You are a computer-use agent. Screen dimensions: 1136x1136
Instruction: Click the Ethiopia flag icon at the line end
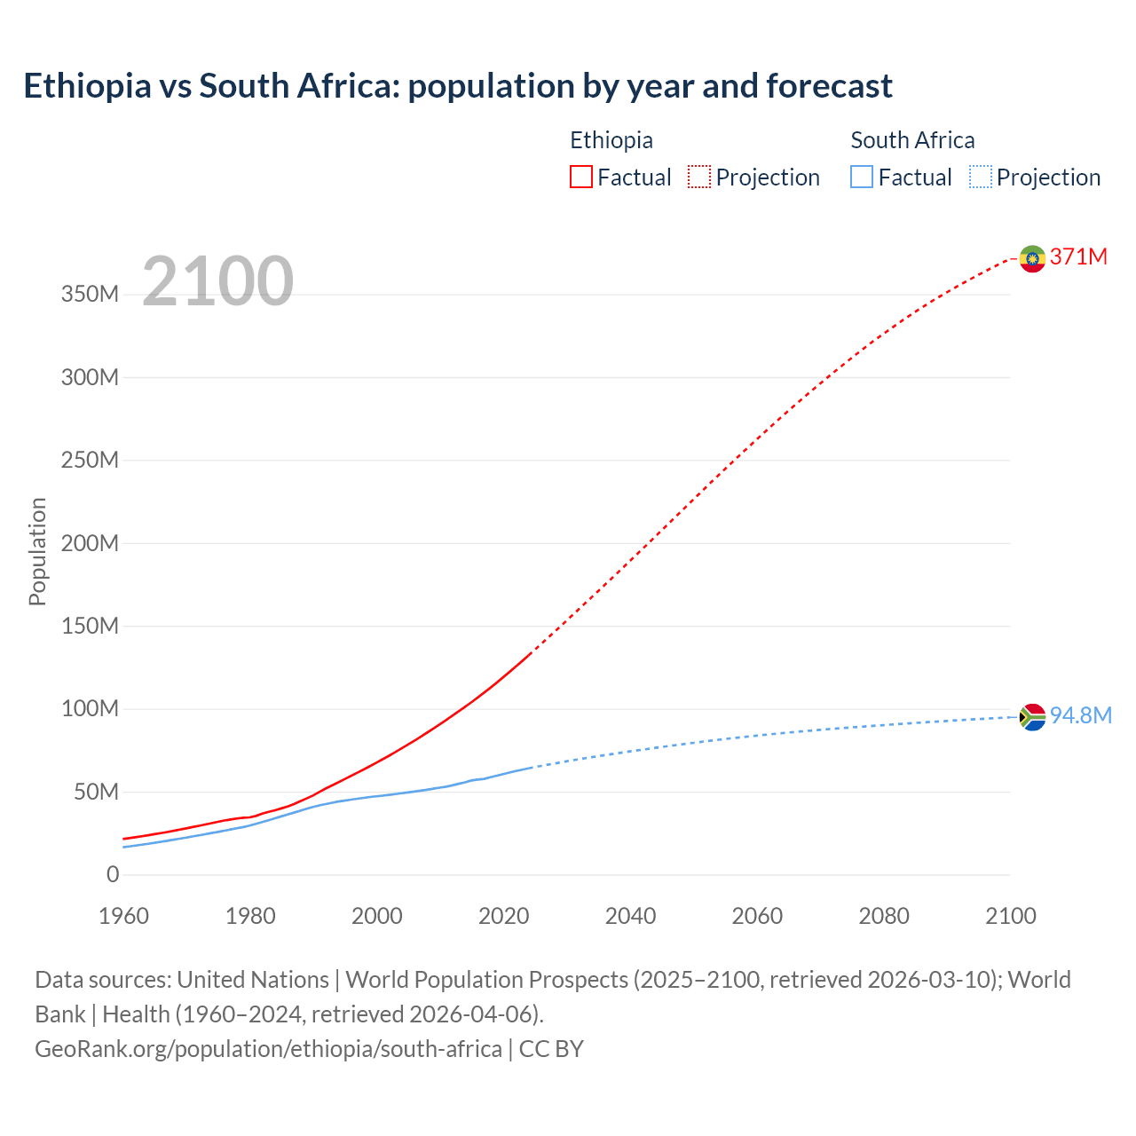pos(1032,258)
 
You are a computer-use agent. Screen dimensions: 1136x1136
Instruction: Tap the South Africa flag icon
pos(1032,716)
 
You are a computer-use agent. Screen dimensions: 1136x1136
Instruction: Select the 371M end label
pos(1078,257)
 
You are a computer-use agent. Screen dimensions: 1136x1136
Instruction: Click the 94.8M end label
pos(1080,716)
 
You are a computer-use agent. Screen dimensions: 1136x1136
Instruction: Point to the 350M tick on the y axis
pos(90,295)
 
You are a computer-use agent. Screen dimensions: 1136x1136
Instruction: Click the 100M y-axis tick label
pos(90,709)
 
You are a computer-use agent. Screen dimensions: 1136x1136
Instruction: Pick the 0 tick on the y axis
pos(113,875)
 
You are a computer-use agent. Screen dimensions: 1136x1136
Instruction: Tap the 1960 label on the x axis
pos(123,917)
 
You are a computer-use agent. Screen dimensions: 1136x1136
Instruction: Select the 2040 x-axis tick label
pos(630,917)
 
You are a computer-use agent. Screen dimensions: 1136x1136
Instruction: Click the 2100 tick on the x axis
pos(1010,917)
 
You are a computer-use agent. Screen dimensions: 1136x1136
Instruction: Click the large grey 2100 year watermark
pos(217,281)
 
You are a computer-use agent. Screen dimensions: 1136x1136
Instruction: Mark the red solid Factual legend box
pos(581,177)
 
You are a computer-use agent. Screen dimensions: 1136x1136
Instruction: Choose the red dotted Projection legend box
pos(699,177)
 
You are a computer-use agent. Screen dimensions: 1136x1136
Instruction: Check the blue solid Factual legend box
pos(862,177)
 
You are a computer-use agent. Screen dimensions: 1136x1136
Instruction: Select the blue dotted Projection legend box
pos(981,177)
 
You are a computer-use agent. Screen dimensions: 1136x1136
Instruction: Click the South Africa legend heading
pos(912,140)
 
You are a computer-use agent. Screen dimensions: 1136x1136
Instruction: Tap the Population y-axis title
pos(37,551)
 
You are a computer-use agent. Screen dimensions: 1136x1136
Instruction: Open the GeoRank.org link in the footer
pos(268,1049)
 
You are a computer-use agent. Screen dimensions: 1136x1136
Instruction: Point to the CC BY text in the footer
pos(551,1049)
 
